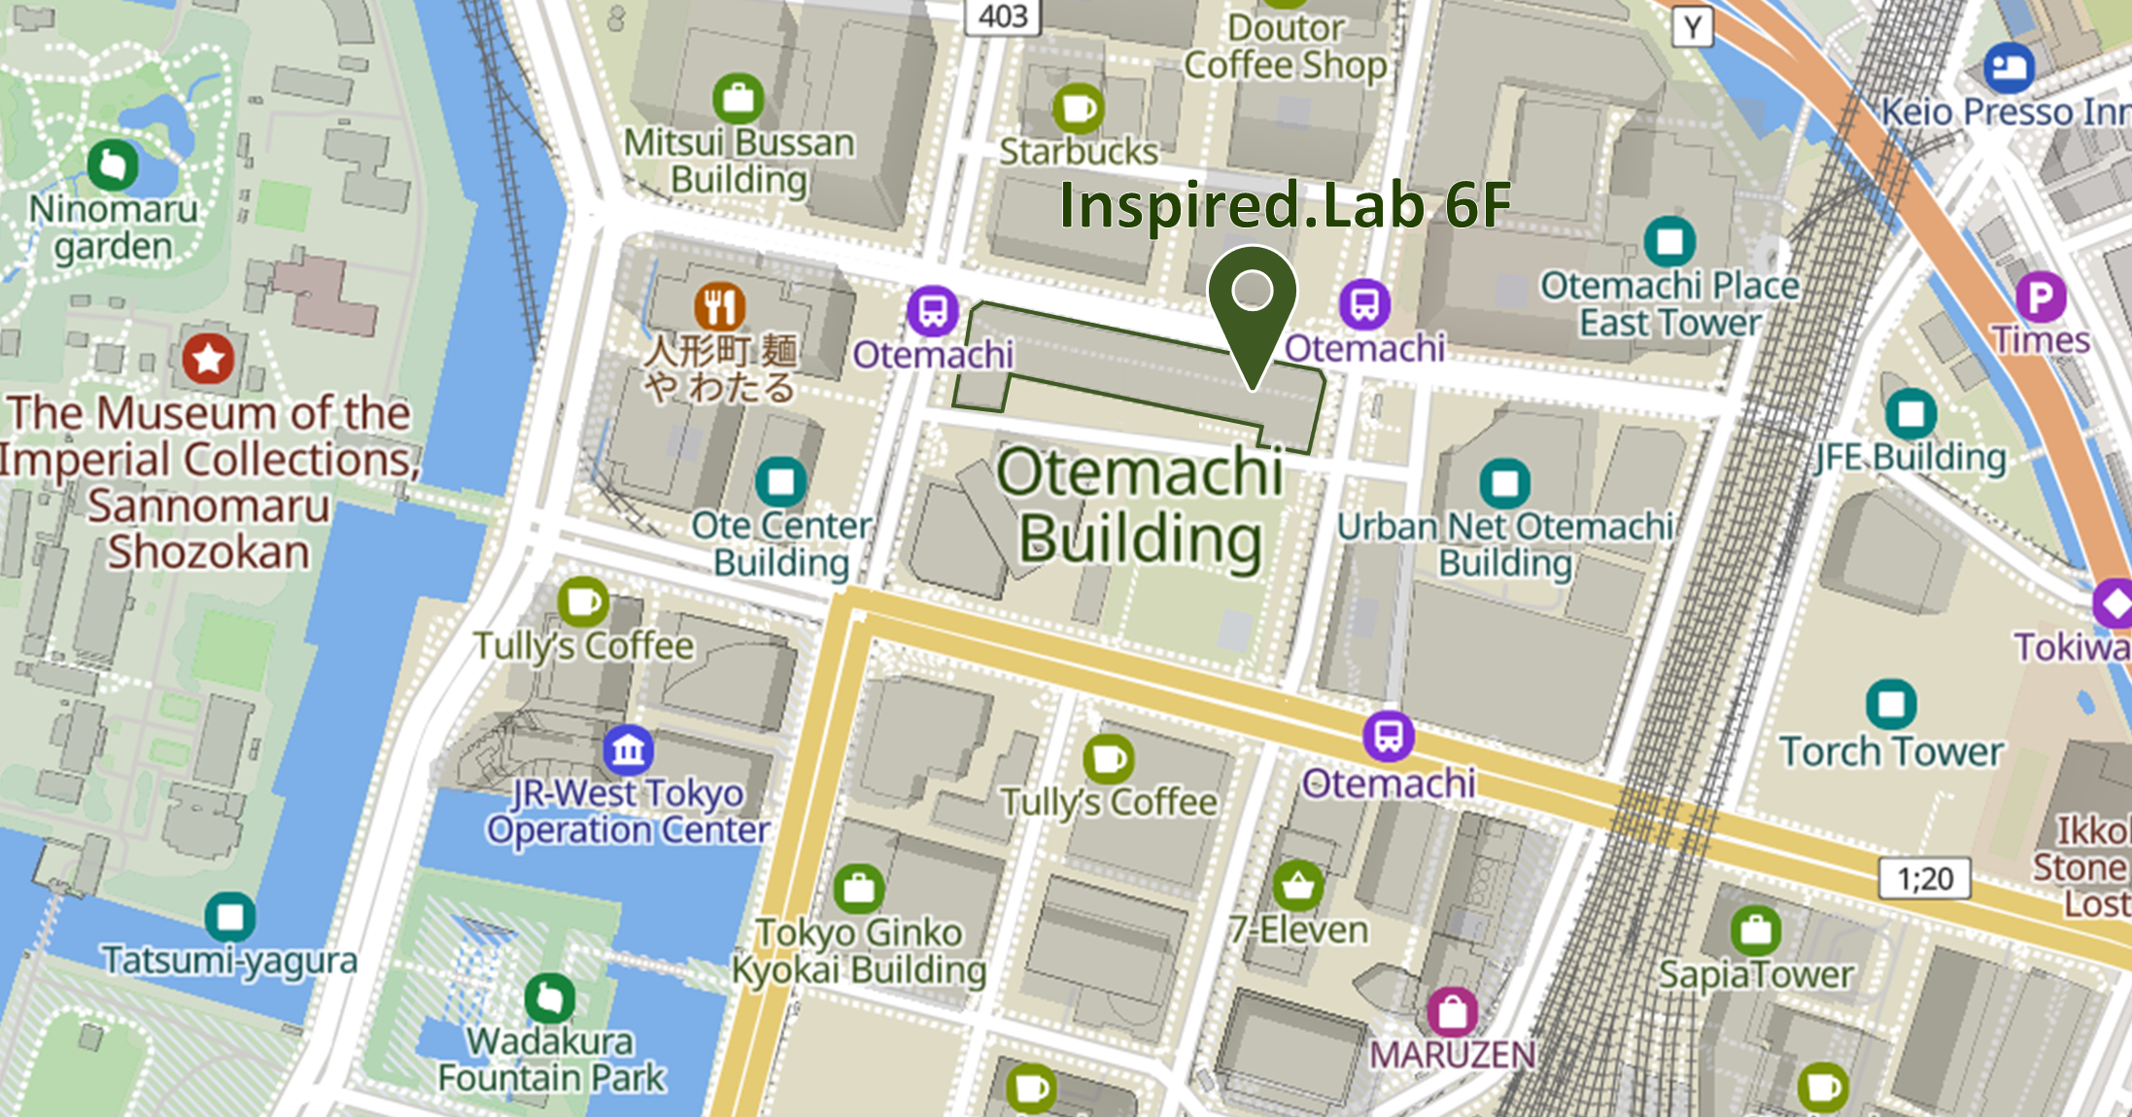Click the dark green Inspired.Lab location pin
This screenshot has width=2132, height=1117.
tap(1252, 301)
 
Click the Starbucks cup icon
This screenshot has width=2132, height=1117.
tap(1078, 108)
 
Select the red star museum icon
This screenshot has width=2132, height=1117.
tap(208, 360)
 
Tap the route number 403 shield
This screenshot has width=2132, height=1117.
tap(1003, 16)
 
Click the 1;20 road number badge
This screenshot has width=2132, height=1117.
tap(1924, 879)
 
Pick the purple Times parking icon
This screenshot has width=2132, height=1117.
tap(2040, 297)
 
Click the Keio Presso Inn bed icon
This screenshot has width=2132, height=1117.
tap(2008, 67)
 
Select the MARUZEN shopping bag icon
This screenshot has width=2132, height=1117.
tap(1452, 1012)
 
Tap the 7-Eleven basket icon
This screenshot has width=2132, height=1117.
tap(1297, 886)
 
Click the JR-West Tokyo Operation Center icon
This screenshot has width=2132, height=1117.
tap(628, 750)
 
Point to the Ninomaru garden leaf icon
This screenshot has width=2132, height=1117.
tap(113, 165)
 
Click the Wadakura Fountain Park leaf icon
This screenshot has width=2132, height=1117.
tap(549, 998)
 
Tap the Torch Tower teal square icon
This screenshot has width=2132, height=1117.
tap(1891, 704)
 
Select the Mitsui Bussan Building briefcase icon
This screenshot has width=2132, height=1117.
tap(738, 98)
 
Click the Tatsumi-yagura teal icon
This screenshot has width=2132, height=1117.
tap(230, 917)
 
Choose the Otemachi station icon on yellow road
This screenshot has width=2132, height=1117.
tap(1388, 736)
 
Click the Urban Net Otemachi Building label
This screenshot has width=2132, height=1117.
tap(1504, 544)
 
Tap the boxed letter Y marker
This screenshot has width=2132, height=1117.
tap(1692, 27)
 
